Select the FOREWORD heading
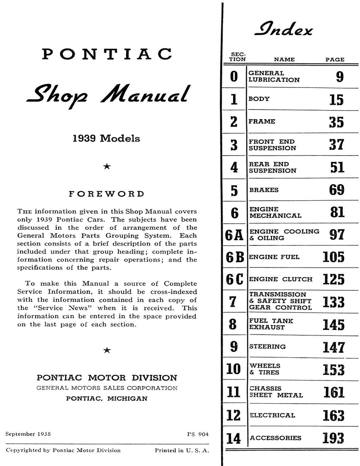(106, 194)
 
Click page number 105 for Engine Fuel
(333, 257)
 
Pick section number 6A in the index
(234, 235)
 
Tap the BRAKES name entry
(264, 190)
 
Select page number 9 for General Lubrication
(339, 77)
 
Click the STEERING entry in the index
(267, 346)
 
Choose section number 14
(233, 438)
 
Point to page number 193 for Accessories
(333, 438)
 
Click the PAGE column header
(335, 60)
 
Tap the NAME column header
(284, 60)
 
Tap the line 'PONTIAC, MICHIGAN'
(106, 398)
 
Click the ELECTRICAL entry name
(272, 415)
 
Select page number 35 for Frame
(336, 122)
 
